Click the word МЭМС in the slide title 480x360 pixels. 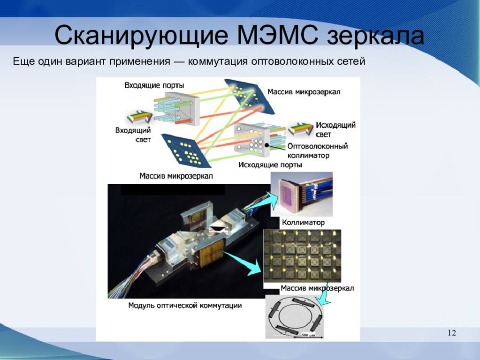[277, 36]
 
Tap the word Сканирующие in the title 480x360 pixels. [141, 37]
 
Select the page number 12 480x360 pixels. [452, 333]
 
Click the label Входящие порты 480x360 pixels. [154, 85]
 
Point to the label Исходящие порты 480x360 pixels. [270, 165]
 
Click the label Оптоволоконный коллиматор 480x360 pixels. [318, 150]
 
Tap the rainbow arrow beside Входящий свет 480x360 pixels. [139, 118]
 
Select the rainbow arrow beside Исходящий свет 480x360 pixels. [301, 129]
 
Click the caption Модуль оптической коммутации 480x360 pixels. [185, 305]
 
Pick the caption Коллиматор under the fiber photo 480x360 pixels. [303, 222]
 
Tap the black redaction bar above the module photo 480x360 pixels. [173, 190]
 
